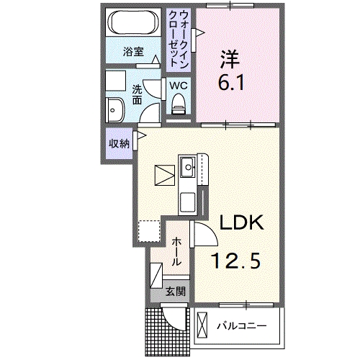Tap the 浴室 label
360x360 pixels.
tap(133, 52)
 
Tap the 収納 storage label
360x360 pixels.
tap(119, 143)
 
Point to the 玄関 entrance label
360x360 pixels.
tap(175, 292)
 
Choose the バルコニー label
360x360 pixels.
tap(243, 325)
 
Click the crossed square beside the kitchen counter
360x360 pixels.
tap(164, 175)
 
